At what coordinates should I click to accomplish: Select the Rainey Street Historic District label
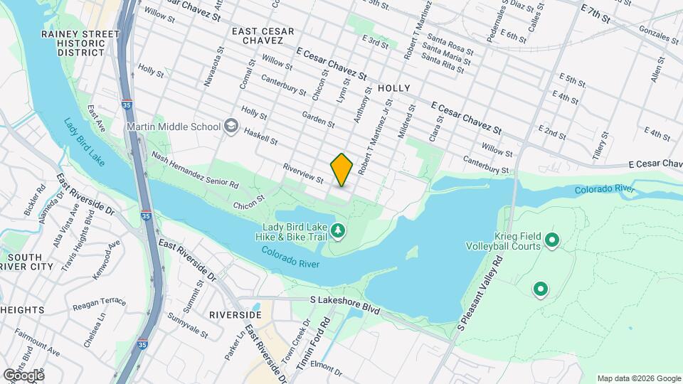pos(80,43)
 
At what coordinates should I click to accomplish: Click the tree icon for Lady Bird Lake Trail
pos(339,230)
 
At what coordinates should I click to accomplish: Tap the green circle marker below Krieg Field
pos(541,289)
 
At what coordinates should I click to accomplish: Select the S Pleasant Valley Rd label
pos(480,293)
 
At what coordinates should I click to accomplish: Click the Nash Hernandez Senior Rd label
pos(194,170)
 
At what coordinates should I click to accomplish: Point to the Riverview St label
pos(303,174)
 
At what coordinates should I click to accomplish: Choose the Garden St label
pos(318,119)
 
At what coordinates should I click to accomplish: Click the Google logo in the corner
pos(23,375)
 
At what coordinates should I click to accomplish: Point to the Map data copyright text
pos(637,378)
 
